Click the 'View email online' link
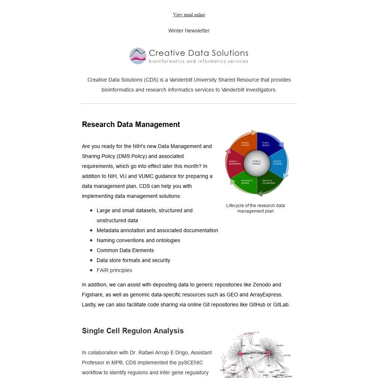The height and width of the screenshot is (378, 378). pyautogui.click(x=189, y=15)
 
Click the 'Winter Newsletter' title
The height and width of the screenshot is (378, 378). pyautogui.click(x=189, y=31)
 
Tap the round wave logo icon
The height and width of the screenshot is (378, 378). pyautogui.click(x=138, y=56)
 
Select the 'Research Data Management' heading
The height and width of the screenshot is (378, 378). pyautogui.click(x=131, y=124)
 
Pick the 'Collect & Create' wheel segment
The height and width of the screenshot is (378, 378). pyautogui.click(x=278, y=163)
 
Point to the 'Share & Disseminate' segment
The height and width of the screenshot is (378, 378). pyautogui.click(x=235, y=163)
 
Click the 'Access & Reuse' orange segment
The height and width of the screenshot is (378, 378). pyautogui.click(x=245, y=144)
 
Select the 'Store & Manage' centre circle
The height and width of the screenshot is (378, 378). pyautogui.click(x=257, y=163)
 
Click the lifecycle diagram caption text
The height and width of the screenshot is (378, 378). pyautogui.click(x=255, y=208)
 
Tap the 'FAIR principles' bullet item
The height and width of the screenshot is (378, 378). pyautogui.click(x=114, y=270)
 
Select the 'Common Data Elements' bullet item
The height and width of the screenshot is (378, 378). pyautogui.click(x=125, y=250)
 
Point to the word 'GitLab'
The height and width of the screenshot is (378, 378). pyautogui.click(x=281, y=305)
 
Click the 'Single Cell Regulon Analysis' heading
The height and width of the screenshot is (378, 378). pyautogui.click(x=133, y=331)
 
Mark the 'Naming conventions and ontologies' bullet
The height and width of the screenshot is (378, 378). pyautogui.click(x=138, y=240)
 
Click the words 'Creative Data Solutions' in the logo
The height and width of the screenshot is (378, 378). pyautogui.click(x=198, y=53)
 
